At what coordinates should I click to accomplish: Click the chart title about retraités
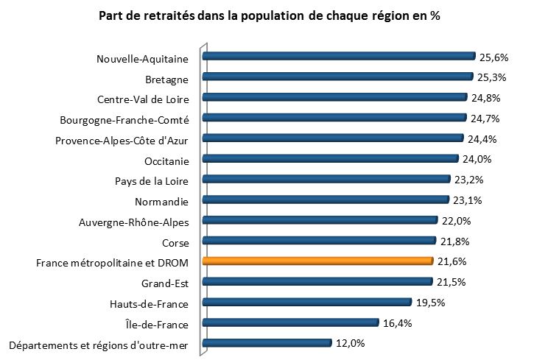click(x=269, y=15)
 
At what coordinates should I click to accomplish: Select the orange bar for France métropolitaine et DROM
click(x=317, y=261)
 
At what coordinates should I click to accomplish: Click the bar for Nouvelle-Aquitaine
click(x=339, y=56)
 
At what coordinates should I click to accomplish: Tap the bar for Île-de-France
click(x=290, y=322)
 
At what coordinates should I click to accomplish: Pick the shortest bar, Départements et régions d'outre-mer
click(x=267, y=342)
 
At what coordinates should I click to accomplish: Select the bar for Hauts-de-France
click(x=306, y=302)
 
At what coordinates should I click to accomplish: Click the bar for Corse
click(x=319, y=240)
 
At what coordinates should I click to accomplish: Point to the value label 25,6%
click(x=495, y=57)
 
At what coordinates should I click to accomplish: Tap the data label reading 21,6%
click(x=452, y=261)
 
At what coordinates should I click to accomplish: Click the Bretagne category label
click(x=167, y=80)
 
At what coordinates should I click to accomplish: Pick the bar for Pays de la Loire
click(x=326, y=179)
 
